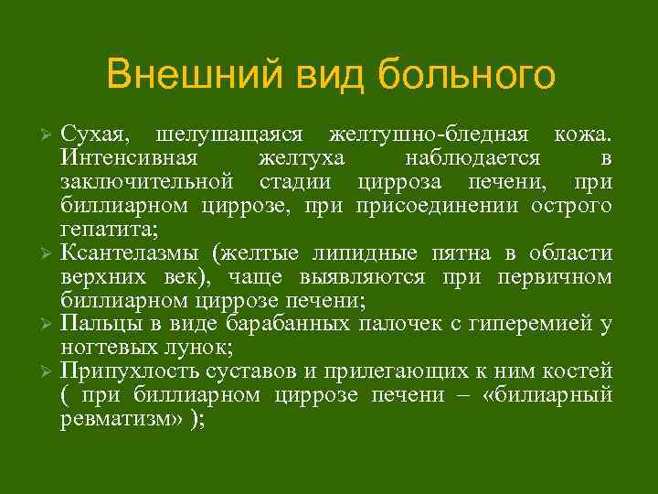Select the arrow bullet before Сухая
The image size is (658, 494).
point(50,135)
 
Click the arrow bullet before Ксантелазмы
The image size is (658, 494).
point(50,252)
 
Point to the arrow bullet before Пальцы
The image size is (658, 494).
point(50,323)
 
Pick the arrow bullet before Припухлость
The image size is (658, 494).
point(50,371)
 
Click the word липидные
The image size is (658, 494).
point(376,252)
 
